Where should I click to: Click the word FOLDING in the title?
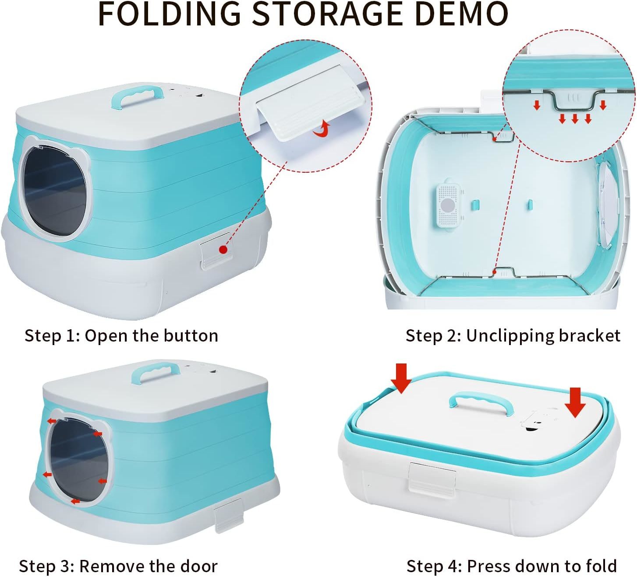pos(169,14)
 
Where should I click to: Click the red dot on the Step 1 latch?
pos(223,249)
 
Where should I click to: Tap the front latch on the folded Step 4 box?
pos(432,478)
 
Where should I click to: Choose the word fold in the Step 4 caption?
pos(601,566)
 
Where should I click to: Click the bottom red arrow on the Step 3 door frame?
pos(76,501)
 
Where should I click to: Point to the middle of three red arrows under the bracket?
pos(575,119)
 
